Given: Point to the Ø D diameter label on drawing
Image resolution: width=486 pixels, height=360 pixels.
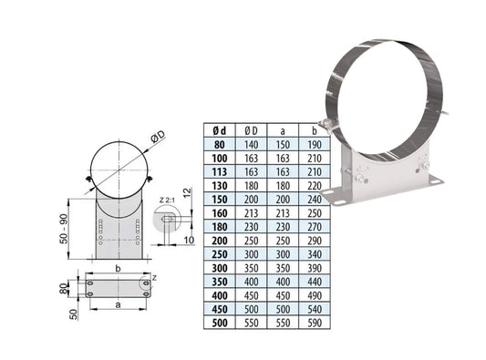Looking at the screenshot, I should pos(158,137).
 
